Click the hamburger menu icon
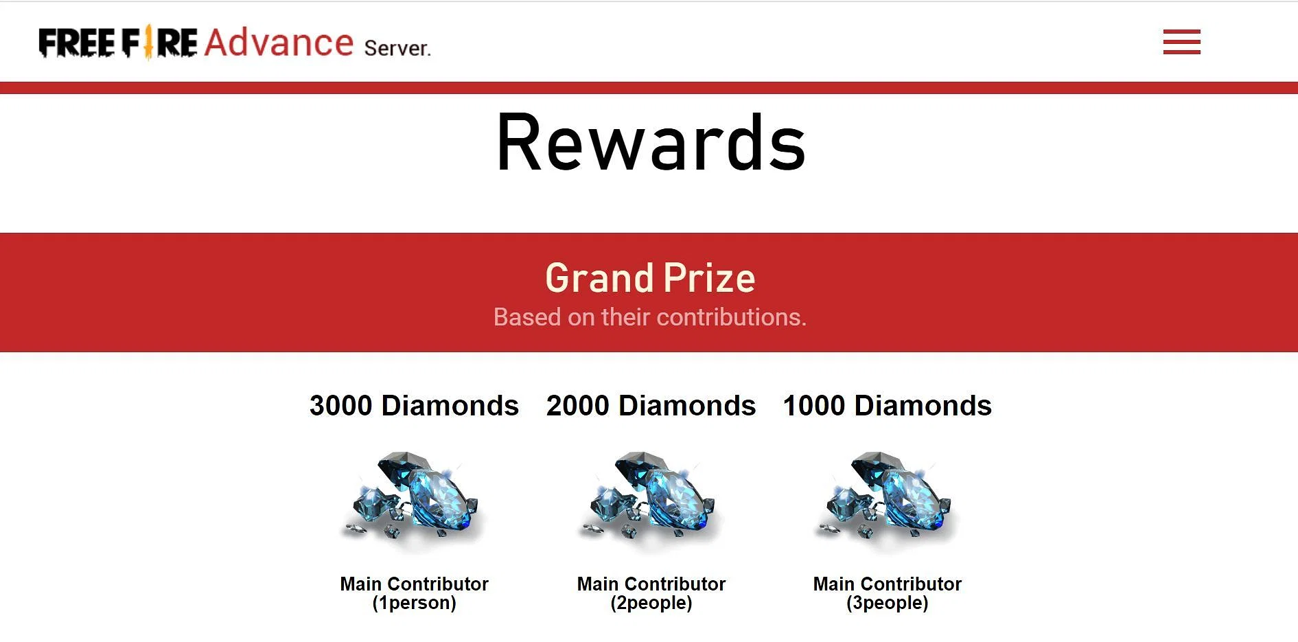1181,42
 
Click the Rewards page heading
650,143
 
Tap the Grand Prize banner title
650,278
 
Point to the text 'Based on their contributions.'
650,317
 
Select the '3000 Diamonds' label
414,406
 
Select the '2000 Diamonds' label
651,406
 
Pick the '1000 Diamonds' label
887,406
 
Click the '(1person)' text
414,603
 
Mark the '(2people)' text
651,603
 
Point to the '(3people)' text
887,603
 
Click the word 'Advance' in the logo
279,43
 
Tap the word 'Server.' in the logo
397,48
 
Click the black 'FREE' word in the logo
77,43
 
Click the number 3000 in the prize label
341,406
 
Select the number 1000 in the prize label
814,406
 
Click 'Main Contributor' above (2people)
651,584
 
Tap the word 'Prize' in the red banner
709,278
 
